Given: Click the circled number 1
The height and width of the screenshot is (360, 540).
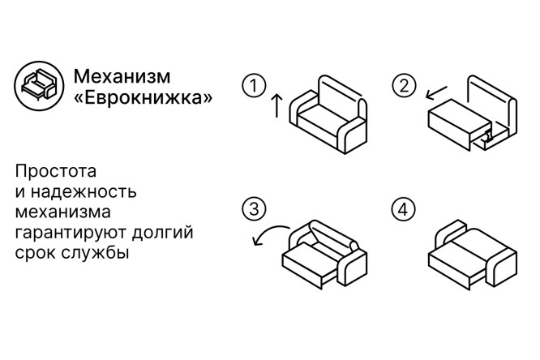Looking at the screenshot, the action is [x=254, y=86].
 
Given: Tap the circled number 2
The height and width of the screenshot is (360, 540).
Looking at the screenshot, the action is [x=404, y=86].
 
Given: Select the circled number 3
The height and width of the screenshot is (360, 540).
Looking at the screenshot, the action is [x=254, y=209].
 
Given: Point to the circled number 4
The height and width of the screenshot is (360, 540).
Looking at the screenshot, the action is [x=404, y=209].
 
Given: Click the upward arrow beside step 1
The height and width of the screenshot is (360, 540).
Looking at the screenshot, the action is [x=276, y=105].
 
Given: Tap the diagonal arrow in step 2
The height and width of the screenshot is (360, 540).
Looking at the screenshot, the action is [x=436, y=92].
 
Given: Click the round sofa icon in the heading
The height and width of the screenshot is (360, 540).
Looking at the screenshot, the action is [x=39, y=86].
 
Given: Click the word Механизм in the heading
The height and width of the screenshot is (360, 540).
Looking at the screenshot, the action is [x=122, y=76].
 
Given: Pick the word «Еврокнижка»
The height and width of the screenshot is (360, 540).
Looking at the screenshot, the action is [x=144, y=97].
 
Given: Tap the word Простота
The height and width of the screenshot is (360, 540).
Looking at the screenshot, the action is [x=55, y=171].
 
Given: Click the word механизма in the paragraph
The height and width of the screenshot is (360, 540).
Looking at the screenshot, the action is [x=62, y=212].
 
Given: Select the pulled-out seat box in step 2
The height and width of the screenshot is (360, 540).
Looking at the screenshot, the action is [x=460, y=124].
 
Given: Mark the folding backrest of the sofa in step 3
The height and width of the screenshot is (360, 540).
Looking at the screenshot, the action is [x=333, y=236].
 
